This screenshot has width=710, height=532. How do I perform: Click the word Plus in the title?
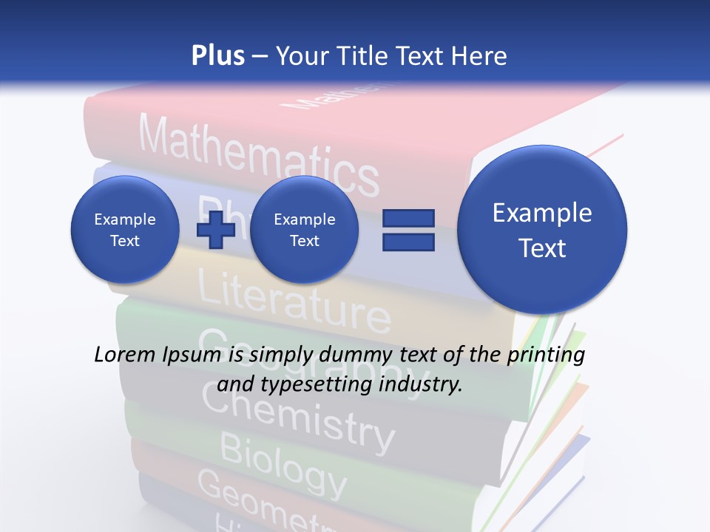(x=217, y=55)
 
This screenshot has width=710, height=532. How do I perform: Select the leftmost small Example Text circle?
(x=125, y=230)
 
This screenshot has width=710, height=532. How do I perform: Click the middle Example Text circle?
(x=304, y=230)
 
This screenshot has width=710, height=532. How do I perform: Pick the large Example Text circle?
(x=542, y=230)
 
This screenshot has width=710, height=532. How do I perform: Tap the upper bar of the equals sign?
(x=408, y=218)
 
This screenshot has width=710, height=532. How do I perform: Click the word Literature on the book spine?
(x=294, y=299)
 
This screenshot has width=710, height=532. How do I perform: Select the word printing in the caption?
(x=546, y=355)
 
